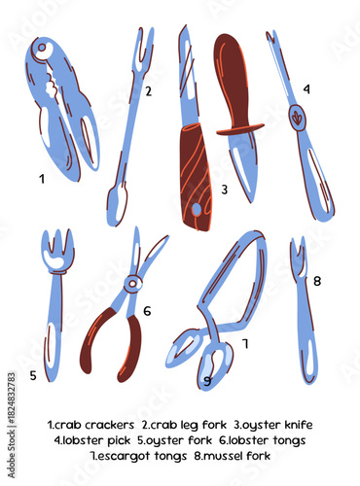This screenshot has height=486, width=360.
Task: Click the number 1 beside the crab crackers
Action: [41, 178]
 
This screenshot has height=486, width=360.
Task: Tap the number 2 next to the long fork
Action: [148, 91]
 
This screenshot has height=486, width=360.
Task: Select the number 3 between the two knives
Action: [224, 190]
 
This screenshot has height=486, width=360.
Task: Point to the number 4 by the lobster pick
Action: [306, 88]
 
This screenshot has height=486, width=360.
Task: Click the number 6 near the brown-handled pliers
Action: [147, 311]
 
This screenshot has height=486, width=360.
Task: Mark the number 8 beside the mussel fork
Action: [317, 281]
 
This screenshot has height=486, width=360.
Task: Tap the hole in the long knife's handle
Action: [197, 208]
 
